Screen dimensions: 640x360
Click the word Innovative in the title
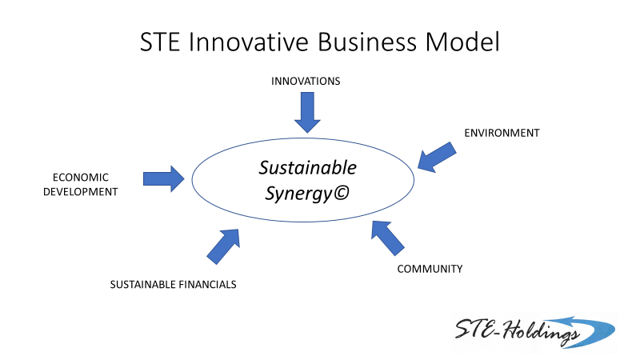pos(248,42)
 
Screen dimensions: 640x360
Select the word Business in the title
pos(367,42)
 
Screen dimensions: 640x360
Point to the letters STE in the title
pos(160,42)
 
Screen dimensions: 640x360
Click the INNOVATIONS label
pos(306,82)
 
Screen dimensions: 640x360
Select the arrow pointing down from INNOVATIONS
pos(307,112)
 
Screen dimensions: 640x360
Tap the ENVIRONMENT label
pos(502,133)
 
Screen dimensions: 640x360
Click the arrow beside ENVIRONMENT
pos(437,158)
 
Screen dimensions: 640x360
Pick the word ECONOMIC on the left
pos(81,178)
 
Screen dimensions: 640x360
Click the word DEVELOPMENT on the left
pos(81,192)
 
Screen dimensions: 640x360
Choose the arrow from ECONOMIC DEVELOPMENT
pos(164,178)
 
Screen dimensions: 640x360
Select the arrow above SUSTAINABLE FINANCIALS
pos(223,246)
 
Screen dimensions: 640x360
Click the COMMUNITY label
pos(430,269)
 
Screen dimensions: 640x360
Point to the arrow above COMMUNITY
pos(388,238)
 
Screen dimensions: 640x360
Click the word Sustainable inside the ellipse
pos(308,168)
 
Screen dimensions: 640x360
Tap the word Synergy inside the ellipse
pos(298,194)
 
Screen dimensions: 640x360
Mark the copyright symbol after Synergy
pos(342,193)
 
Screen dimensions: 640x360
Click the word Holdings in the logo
pos(541,330)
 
